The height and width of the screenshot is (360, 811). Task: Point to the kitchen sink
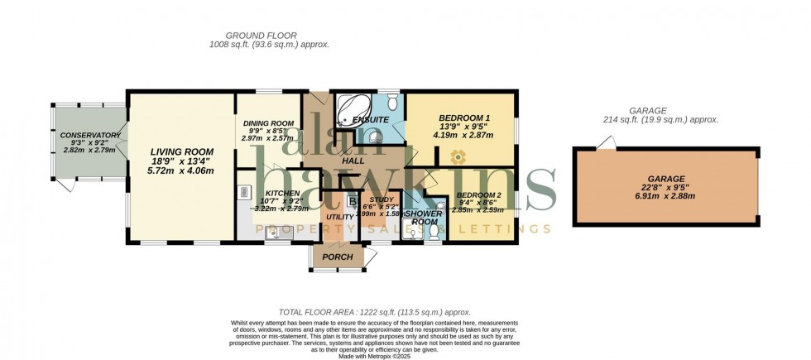tap(276, 233)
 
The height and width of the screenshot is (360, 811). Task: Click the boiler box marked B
tap(352, 201)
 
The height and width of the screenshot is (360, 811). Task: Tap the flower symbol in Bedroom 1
tap(456, 154)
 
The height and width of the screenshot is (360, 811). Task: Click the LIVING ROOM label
tap(181, 152)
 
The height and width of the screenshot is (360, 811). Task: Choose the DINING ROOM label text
tap(269, 123)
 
